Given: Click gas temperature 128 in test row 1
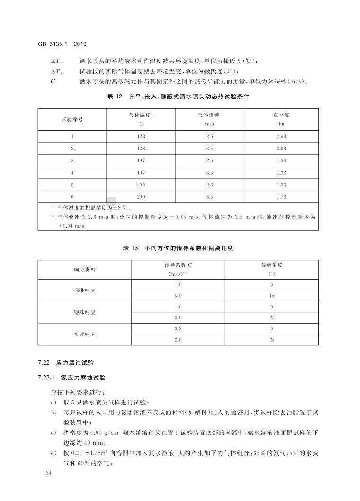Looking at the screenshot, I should pyautogui.click(x=140, y=136).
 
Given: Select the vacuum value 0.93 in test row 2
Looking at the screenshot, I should pyautogui.click(x=281, y=148).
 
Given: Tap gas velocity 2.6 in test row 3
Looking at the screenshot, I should pyautogui.click(x=210, y=160).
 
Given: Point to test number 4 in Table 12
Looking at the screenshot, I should pyautogui.click(x=72, y=173).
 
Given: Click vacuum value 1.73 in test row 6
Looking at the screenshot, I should pyautogui.click(x=281, y=197).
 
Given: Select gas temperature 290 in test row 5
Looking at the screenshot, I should pyautogui.click(x=140, y=185).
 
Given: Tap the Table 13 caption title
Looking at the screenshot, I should pyautogui.click(x=179, y=247).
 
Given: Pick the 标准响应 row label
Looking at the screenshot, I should pyautogui.click(x=85, y=290).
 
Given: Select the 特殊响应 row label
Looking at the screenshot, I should pyautogui.click(x=85, y=312).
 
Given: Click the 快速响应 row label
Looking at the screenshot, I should pyautogui.click(x=85, y=334).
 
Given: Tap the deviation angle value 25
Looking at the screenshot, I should pyautogui.click(x=272, y=340).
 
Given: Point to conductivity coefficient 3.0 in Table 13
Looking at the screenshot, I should pyautogui.click(x=178, y=317).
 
